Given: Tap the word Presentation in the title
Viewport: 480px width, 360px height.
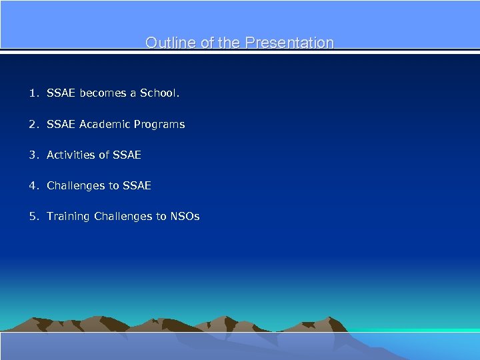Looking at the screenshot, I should [x=289, y=43].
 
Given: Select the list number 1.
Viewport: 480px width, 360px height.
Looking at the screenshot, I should [x=33, y=93].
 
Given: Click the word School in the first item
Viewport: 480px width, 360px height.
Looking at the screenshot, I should [x=159, y=93].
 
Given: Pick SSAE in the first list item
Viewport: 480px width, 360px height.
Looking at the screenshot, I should [x=61, y=93].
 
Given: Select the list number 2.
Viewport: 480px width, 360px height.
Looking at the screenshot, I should [x=33, y=124].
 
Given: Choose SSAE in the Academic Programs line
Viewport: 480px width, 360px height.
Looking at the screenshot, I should [x=61, y=124].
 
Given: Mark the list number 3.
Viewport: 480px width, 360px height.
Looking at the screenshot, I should [x=33, y=155].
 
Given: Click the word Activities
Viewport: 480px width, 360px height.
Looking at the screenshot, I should [x=71, y=155].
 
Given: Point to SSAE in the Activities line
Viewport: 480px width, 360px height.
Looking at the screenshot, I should [x=127, y=155].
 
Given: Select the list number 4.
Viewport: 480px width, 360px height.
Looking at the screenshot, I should [x=33, y=185].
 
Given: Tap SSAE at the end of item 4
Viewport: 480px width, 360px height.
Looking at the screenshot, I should [x=137, y=185].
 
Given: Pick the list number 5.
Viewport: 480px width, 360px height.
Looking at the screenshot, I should [x=33, y=216].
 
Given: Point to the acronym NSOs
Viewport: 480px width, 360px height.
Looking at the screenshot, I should [x=185, y=216].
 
